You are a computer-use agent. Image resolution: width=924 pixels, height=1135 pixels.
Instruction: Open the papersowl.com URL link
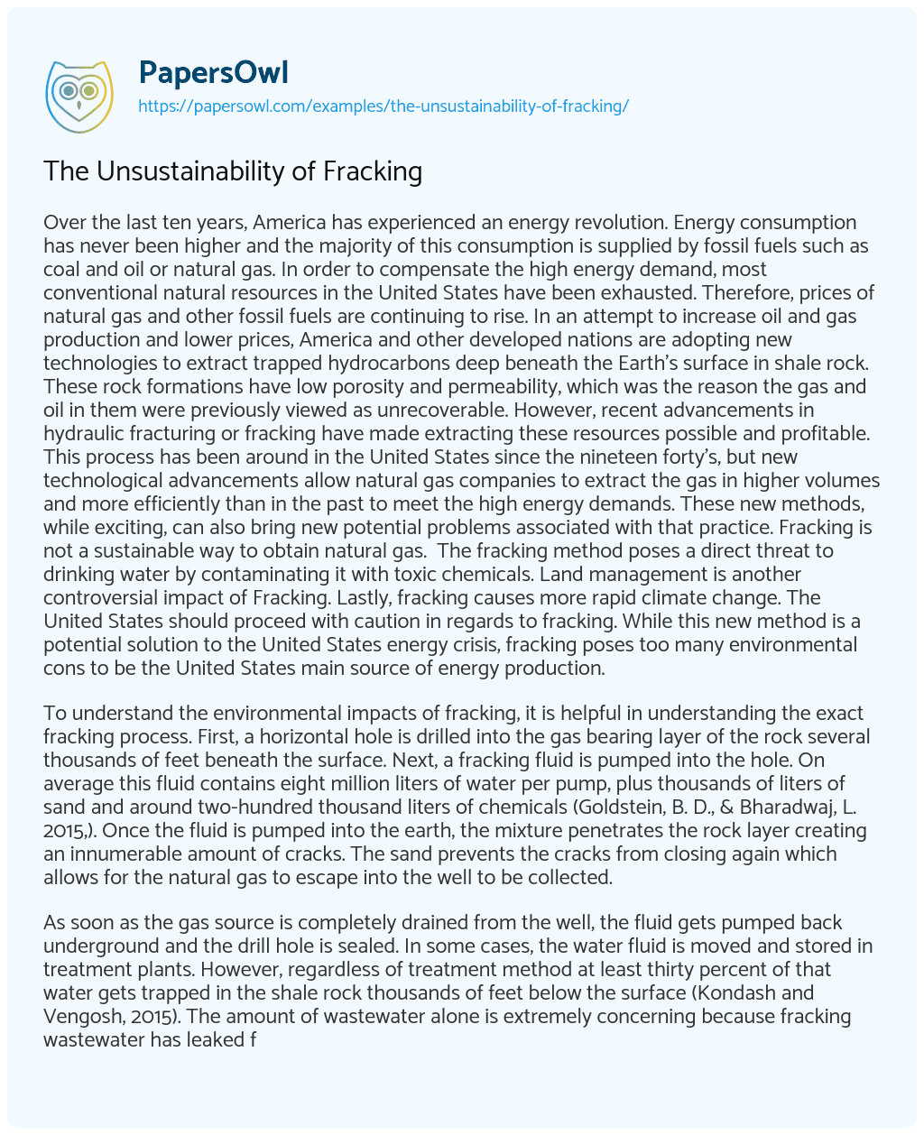click(x=383, y=106)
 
